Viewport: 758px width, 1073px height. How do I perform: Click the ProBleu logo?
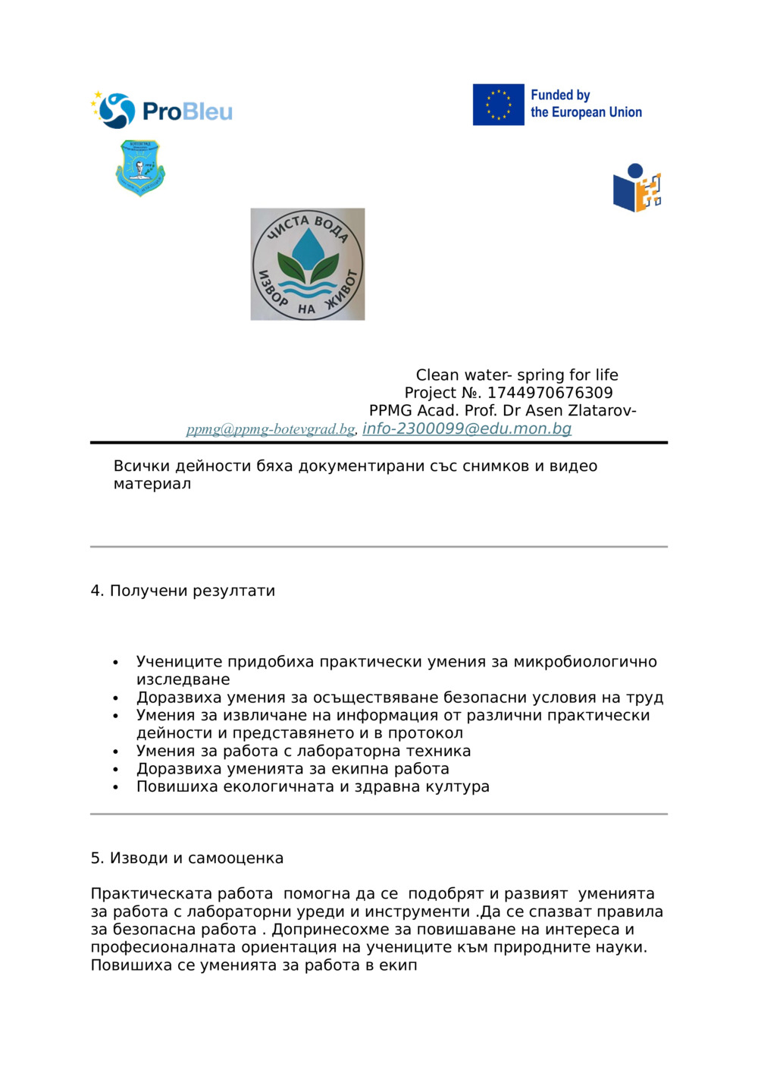click(x=162, y=111)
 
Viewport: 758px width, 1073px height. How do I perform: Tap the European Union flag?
click(x=498, y=105)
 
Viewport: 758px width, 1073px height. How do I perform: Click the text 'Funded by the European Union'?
click(x=585, y=104)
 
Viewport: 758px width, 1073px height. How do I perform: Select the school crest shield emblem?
click(x=140, y=168)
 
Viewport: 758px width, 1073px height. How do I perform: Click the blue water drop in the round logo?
click(x=307, y=245)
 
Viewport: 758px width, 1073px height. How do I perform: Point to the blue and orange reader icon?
click(x=637, y=188)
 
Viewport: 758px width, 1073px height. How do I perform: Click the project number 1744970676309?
click(x=550, y=393)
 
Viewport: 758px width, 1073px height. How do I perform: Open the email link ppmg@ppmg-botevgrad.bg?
click(x=271, y=429)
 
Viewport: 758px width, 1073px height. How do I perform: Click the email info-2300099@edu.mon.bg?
click(x=467, y=428)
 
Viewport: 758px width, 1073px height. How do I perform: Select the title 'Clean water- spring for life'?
click(x=517, y=375)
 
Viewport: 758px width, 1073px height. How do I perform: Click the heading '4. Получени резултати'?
click(x=183, y=591)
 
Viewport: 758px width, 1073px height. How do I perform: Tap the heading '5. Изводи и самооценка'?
click(x=187, y=858)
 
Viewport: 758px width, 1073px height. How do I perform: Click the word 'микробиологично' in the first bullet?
click(x=585, y=662)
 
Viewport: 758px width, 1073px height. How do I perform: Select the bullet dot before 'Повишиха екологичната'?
click(x=115, y=787)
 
